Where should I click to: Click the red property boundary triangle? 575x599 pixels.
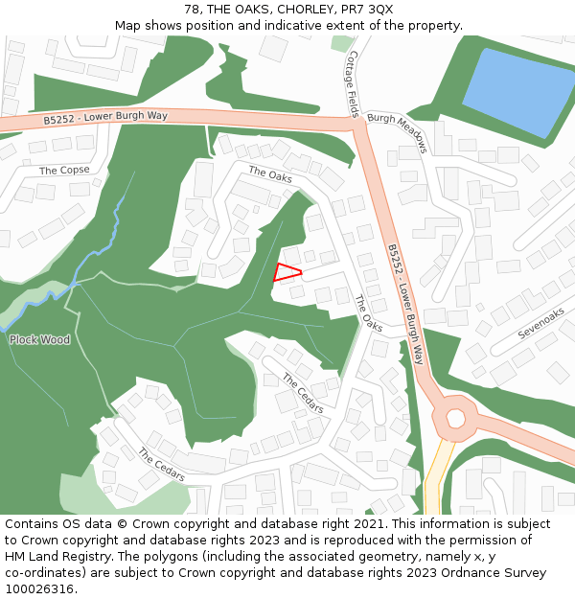(286, 271)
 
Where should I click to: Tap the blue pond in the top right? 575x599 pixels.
(518, 90)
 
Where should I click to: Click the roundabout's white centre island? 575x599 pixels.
(455, 418)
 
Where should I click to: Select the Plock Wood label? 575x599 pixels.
(40, 339)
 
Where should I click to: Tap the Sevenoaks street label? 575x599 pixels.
(540, 324)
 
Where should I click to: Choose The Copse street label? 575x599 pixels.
(64, 170)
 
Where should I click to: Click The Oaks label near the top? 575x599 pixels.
(270, 175)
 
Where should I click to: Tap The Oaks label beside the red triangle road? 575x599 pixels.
(368, 313)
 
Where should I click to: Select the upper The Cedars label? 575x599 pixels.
(302, 393)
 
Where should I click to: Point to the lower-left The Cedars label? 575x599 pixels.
(161, 465)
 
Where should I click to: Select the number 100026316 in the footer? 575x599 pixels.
(38, 588)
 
